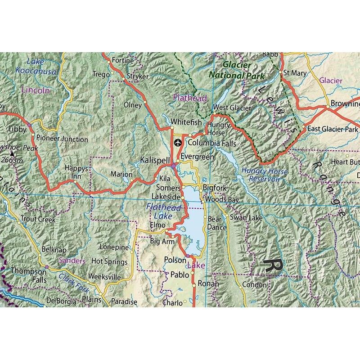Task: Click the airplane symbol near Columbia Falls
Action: pos(178,143)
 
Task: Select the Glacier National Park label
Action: pos(237,71)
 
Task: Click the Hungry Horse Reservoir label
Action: pos(261,175)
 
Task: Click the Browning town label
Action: pos(345,104)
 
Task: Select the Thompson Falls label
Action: pos(29,275)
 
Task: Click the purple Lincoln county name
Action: pos(35,90)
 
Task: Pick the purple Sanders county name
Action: pos(72,261)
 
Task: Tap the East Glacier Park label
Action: pos(333,129)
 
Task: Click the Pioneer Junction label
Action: pos(62,139)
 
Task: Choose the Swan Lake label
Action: pos(246,218)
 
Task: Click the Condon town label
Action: pos(254,285)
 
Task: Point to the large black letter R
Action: pos(273,265)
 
